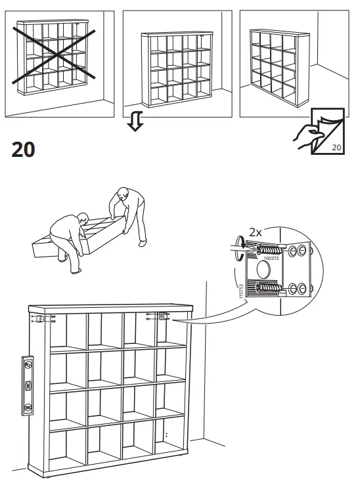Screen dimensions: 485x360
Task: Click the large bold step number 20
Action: click(23, 150)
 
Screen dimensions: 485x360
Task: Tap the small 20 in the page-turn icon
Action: click(337, 148)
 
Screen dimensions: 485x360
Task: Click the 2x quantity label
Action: click(256, 232)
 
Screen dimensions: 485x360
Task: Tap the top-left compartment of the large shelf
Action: click(66, 331)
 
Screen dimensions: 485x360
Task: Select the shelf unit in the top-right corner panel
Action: click(275, 62)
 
